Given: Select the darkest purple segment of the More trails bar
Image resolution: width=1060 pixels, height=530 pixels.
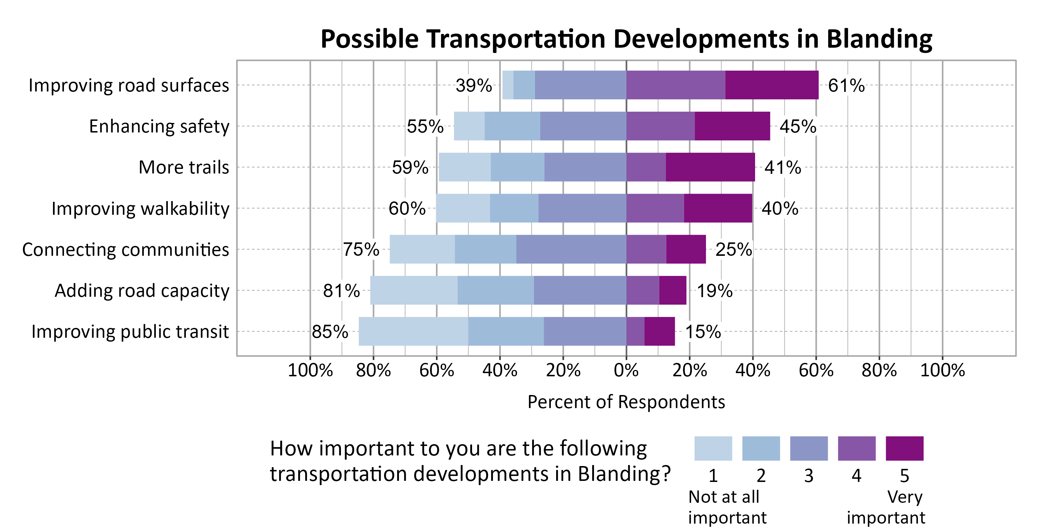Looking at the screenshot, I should pyautogui.click(x=710, y=167).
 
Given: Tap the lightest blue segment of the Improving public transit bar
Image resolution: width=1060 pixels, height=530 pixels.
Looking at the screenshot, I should pyautogui.click(x=413, y=331).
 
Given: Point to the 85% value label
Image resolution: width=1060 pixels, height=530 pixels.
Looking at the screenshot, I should pyautogui.click(x=330, y=331).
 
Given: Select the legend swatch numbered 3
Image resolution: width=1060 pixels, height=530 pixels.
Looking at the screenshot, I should pyautogui.click(x=808, y=448).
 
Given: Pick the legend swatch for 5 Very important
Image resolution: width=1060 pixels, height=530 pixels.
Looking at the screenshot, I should pyautogui.click(x=905, y=448).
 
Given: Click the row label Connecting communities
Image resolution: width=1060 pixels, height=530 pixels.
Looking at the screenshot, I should pyautogui.click(x=125, y=249).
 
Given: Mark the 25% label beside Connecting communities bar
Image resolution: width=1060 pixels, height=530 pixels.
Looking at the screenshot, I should pyautogui.click(x=734, y=249).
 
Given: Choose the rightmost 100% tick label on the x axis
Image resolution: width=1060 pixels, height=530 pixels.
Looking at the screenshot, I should pyautogui.click(x=942, y=370).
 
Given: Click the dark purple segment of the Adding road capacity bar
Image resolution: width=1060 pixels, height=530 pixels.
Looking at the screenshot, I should pyautogui.click(x=672, y=290).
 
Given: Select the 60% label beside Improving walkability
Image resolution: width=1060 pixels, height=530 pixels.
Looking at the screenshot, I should pyautogui.click(x=407, y=208).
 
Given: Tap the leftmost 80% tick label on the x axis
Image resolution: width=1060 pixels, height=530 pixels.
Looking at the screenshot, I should pyautogui.click(x=373, y=370).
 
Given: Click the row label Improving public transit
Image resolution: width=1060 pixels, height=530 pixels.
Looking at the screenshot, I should pyautogui.click(x=130, y=331).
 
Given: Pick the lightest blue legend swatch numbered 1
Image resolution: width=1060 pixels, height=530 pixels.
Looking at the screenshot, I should pyautogui.click(x=713, y=448).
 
